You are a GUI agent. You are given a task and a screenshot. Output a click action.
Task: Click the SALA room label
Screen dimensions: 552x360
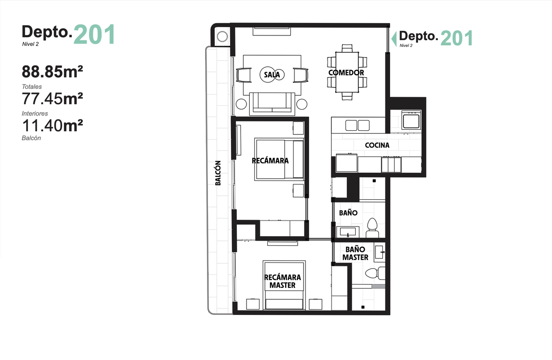click(x=272, y=75)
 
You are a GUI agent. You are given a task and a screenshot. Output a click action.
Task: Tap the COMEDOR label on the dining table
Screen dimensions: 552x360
click(x=346, y=72)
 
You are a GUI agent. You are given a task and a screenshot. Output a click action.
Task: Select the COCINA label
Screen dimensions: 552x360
click(x=377, y=145)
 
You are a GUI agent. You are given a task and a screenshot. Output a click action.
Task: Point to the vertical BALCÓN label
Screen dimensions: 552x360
click(x=218, y=173)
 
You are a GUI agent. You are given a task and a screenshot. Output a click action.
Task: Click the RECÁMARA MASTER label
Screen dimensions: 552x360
click(x=282, y=281)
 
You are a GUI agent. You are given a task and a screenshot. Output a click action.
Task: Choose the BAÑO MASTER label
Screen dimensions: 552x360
click(x=355, y=253)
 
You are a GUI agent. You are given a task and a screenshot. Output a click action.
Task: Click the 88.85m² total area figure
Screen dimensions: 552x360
click(x=52, y=71)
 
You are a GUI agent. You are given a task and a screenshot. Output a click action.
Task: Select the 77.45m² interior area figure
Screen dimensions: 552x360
click(x=52, y=99)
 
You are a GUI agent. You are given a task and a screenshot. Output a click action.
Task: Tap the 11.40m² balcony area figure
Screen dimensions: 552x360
click(x=52, y=125)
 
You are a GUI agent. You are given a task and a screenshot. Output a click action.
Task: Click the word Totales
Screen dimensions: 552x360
click(x=32, y=87)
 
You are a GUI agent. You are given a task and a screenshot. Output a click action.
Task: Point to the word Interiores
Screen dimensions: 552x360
click(x=35, y=113)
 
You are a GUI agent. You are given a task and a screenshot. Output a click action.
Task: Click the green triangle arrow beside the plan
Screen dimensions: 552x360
click(x=394, y=39)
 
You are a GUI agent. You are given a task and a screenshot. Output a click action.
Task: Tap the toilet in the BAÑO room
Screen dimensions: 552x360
click(x=372, y=228)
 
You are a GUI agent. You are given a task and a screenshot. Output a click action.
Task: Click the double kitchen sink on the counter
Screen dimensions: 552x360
click(x=357, y=125)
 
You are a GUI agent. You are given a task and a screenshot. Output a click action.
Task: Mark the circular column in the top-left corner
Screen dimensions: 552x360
click(x=222, y=36)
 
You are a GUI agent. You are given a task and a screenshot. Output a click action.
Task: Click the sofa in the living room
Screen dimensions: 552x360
click(x=272, y=104)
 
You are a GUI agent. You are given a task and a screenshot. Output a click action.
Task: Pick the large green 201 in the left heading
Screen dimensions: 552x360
click(x=94, y=34)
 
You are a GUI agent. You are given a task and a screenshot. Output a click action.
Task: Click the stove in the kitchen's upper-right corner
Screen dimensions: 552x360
click(x=411, y=120)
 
